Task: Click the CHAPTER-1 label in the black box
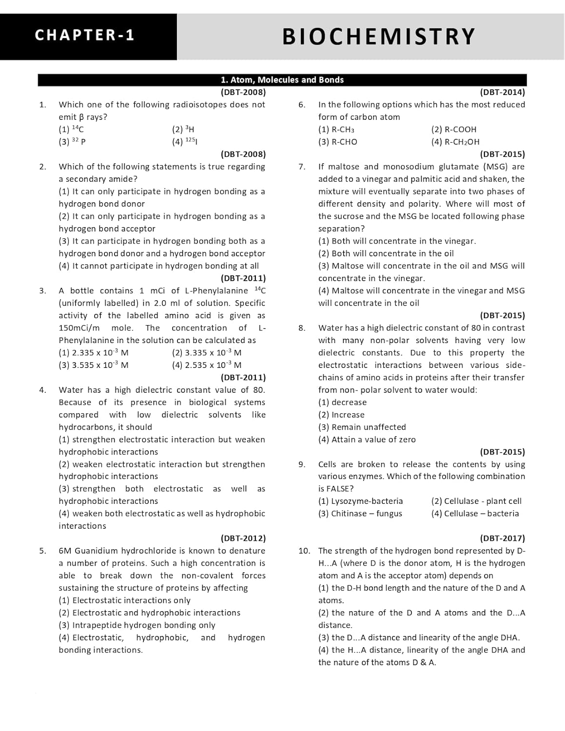tap(85, 35)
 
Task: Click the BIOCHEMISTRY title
tap(378, 37)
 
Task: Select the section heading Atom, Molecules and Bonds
tap(282, 80)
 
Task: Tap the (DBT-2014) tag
tap(502, 92)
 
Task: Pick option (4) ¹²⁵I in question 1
tap(185, 142)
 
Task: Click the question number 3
tap(43, 291)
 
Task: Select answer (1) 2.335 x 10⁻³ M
tap(94, 353)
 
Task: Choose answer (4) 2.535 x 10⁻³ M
tap(207, 365)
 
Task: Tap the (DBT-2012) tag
tap(243, 539)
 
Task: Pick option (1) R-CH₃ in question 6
tap(336, 130)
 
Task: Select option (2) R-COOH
tap(454, 130)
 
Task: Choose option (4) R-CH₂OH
tap(455, 142)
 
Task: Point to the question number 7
tap(302, 167)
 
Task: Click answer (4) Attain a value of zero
tap(367, 440)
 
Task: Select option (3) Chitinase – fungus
tap(360, 514)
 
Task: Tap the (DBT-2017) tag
tap(502, 539)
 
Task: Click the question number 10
tap(304, 551)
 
